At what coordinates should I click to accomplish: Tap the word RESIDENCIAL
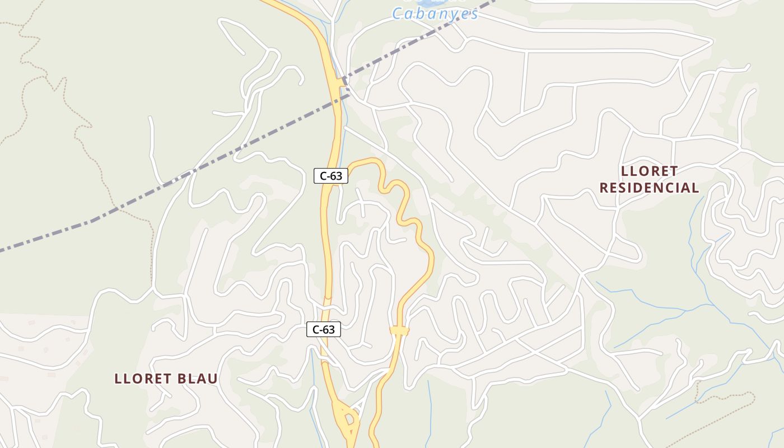tap(649, 188)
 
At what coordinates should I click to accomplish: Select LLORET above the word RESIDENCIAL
tap(649, 171)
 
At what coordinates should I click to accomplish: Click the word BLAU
tap(198, 379)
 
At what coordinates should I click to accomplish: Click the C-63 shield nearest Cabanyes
tap(330, 176)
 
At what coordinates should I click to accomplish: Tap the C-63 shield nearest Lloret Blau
tap(323, 329)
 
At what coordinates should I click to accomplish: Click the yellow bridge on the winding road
tap(400, 331)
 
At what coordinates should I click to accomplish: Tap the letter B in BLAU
tap(182, 379)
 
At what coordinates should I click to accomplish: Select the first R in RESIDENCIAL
tap(604, 188)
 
